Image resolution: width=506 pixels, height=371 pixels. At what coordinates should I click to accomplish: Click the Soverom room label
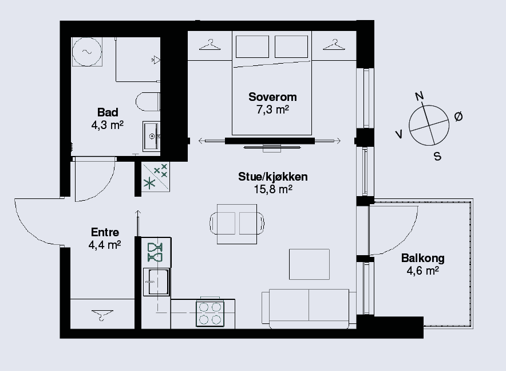(x=272, y=97)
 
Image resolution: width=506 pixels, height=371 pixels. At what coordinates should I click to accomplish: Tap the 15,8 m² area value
(x=273, y=189)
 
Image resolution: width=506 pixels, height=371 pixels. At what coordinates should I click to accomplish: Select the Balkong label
(x=423, y=258)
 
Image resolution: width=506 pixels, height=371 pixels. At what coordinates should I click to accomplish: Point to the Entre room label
(x=105, y=232)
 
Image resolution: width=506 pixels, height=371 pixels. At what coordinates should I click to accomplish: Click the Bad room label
(x=108, y=112)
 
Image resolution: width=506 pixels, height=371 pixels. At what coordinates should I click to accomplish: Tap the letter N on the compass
(x=419, y=96)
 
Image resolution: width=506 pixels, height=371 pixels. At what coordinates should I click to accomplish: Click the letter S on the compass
(x=437, y=157)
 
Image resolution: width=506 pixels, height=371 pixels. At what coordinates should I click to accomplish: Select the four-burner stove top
(x=210, y=314)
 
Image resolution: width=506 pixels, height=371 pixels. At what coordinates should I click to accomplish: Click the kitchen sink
(x=156, y=282)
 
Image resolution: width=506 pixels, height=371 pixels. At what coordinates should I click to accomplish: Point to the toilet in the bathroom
(x=148, y=102)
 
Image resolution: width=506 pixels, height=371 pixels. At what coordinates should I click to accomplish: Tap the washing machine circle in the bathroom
(x=87, y=52)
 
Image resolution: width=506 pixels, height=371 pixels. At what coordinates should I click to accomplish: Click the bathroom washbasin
(x=151, y=136)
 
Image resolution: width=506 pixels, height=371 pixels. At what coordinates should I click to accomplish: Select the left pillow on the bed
(x=252, y=47)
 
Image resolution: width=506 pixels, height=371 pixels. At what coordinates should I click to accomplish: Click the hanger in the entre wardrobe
(x=102, y=314)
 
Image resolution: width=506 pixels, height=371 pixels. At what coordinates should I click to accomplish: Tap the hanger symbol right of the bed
(x=334, y=45)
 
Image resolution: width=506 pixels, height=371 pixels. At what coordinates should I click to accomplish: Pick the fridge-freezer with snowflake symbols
(x=156, y=177)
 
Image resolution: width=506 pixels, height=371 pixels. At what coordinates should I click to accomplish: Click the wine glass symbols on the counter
(x=155, y=252)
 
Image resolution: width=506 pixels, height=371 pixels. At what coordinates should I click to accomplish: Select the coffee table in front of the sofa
(x=309, y=264)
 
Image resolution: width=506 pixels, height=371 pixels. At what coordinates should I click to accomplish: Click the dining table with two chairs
(x=237, y=224)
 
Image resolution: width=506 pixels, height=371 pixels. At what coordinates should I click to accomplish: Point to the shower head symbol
(x=156, y=60)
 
